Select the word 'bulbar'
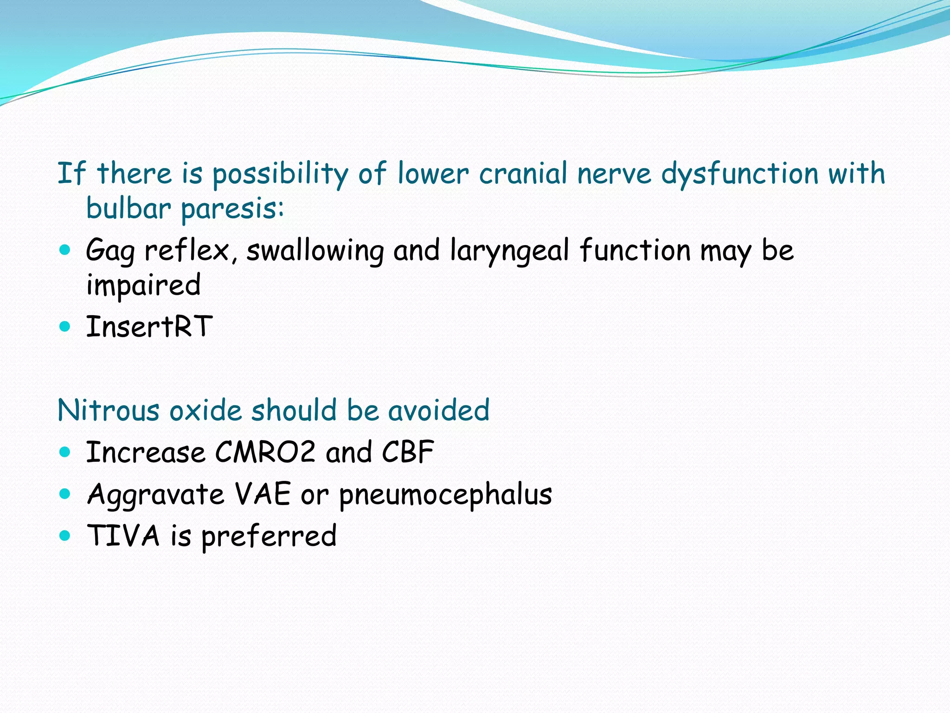tap(128, 209)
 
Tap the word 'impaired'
tap(143, 285)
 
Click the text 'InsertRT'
tap(149, 326)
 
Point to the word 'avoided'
tap(438, 411)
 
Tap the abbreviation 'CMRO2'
tap(265, 452)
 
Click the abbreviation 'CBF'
tap(408, 452)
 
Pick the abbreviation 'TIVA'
tap(123, 536)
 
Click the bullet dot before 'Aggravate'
tap(65, 494)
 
